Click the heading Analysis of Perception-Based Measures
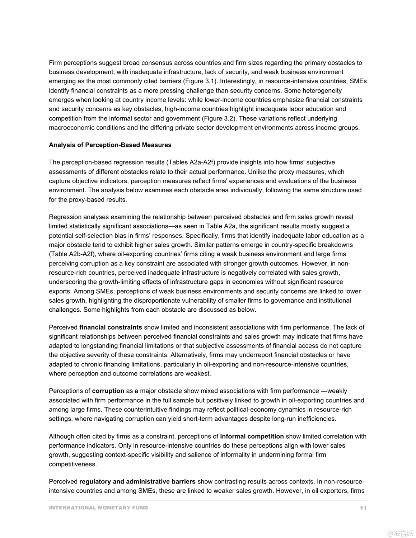(110, 145)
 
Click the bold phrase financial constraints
(111, 327)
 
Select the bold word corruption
(108, 391)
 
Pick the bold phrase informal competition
(252, 436)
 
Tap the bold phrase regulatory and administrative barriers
(137, 482)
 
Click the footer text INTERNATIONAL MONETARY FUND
(98, 508)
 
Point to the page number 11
(363, 508)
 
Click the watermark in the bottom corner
(400, 533)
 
